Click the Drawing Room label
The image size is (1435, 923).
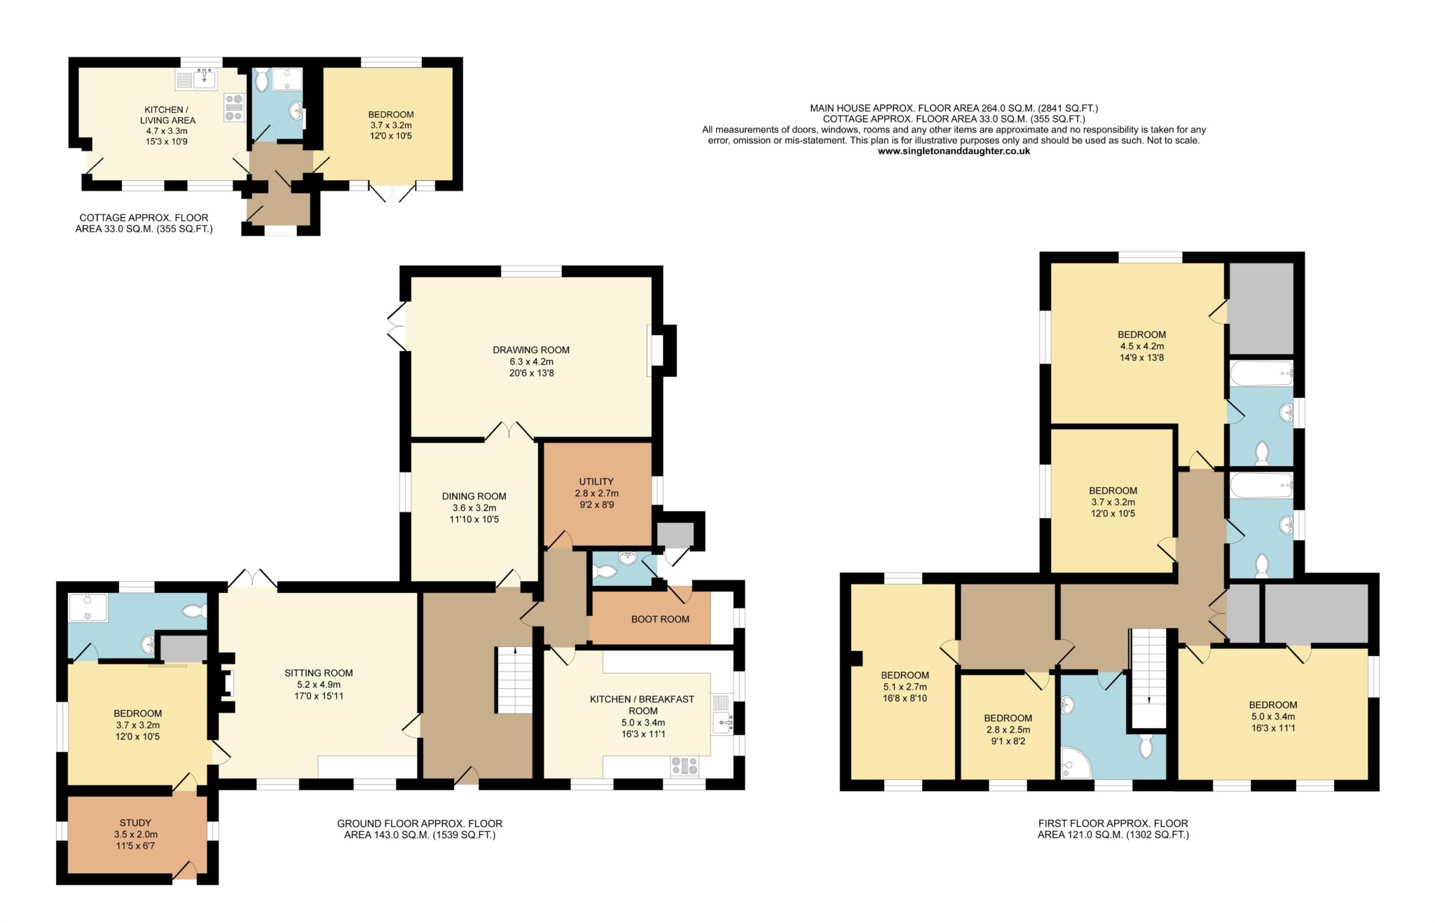pyautogui.click(x=530, y=350)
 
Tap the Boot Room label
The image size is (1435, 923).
pyautogui.click(x=659, y=619)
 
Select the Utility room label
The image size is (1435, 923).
pyautogui.click(x=596, y=481)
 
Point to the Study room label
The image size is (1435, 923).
pyautogui.click(x=135, y=823)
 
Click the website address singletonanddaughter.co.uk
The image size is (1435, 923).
pyautogui.click(x=954, y=151)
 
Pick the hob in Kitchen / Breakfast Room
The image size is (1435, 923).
pyautogui.click(x=685, y=766)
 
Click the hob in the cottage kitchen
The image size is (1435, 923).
pyautogui.click(x=233, y=107)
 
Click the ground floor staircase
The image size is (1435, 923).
pyautogui.click(x=514, y=680)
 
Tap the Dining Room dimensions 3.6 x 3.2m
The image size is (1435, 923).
pyautogui.click(x=474, y=508)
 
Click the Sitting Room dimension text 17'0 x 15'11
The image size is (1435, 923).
pyautogui.click(x=318, y=696)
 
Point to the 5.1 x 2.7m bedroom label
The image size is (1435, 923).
pyautogui.click(x=905, y=687)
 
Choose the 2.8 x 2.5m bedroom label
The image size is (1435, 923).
pyautogui.click(x=1007, y=730)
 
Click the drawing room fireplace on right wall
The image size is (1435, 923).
pyautogui.click(x=653, y=350)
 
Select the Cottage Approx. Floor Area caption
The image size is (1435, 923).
pyautogui.click(x=144, y=223)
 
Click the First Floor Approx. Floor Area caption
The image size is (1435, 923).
pyautogui.click(x=1113, y=828)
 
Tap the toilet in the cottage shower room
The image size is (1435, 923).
pyautogui.click(x=261, y=81)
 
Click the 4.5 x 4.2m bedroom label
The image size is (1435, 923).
pyautogui.click(x=1141, y=346)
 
